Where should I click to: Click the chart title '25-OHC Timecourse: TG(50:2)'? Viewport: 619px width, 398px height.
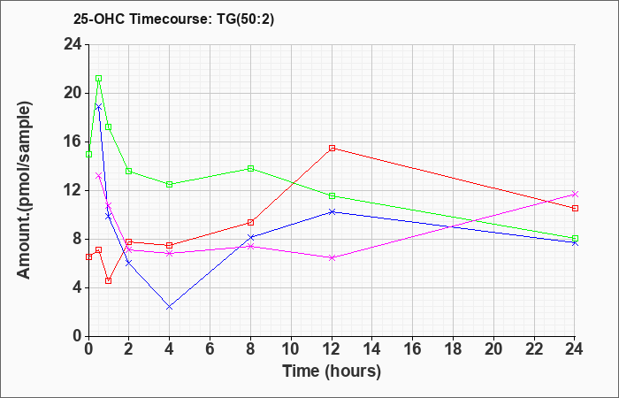tap(173, 19)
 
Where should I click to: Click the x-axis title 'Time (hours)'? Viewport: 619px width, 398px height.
tap(332, 371)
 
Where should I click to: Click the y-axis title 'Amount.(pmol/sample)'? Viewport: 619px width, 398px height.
tap(25, 190)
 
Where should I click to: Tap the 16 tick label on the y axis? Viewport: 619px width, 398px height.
tap(73, 142)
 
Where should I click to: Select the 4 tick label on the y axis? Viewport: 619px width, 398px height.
tap(77, 287)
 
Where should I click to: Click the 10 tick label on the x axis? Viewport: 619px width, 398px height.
tap(291, 349)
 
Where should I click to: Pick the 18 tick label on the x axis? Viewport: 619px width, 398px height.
tap(453, 349)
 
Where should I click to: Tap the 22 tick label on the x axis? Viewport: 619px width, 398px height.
tap(534, 349)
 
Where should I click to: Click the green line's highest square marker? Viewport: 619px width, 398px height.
tap(99, 78)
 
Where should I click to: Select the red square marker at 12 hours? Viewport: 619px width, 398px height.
tap(332, 148)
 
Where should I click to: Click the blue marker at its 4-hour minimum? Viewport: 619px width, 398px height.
tap(170, 307)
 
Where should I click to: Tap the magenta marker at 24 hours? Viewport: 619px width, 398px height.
tap(575, 194)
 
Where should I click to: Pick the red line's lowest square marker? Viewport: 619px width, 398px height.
tap(108, 280)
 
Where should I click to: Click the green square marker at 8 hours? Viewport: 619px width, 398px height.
tap(250, 169)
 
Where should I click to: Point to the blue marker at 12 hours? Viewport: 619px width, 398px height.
tap(332, 211)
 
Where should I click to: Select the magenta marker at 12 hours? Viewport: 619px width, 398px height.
tap(332, 258)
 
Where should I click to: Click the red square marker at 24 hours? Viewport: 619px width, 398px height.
tap(575, 208)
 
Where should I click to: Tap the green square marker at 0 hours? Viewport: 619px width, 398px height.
tap(88, 155)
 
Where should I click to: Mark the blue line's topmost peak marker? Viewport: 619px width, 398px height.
tap(99, 107)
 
